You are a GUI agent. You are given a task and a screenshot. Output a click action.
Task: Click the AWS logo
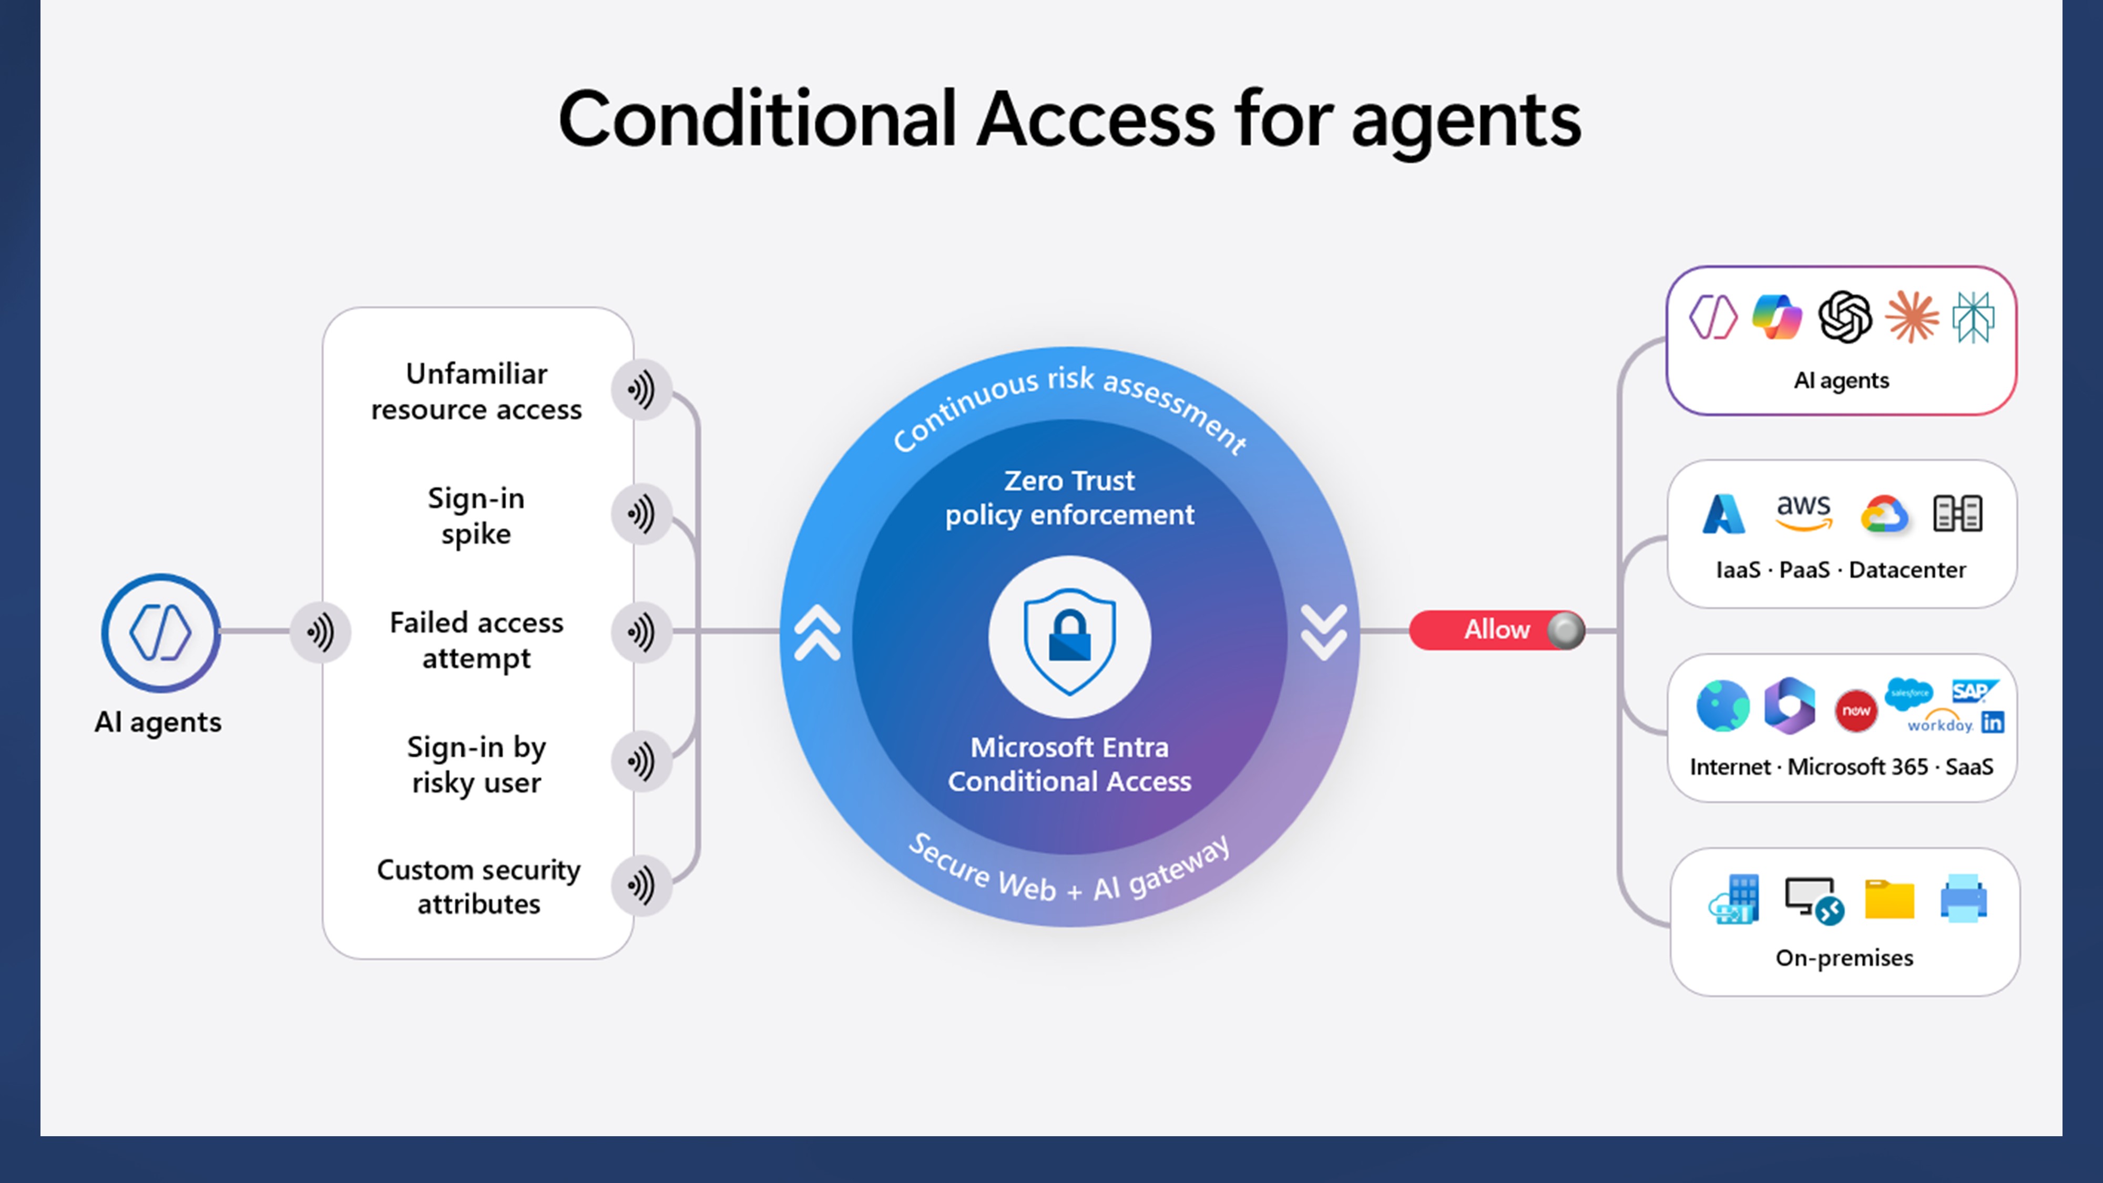pos(1803,512)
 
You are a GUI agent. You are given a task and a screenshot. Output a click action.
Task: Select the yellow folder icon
pos(1889,900)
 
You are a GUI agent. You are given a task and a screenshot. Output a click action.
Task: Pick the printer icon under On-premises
pos(1963,899)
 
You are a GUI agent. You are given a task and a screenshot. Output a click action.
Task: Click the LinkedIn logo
pos(1993,722)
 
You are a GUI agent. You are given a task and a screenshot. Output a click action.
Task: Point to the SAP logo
pos(1973,691)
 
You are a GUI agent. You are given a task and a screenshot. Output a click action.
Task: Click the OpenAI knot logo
pos(1845,317)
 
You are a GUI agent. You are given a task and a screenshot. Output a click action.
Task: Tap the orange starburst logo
pos(1911,317)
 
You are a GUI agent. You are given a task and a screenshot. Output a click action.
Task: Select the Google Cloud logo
pos(1883,514)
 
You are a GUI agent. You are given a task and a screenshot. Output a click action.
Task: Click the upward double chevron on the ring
pos(817,632)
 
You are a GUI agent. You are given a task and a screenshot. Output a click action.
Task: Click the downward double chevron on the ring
pos(1323,632)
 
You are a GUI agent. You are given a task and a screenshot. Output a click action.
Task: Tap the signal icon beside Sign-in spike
pos(641,514)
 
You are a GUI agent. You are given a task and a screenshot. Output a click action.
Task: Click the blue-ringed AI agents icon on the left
pos(161,633)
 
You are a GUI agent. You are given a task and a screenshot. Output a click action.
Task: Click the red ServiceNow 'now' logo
pos(1856,711)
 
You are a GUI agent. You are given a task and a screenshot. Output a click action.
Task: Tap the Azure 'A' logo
pos(1723,514)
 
